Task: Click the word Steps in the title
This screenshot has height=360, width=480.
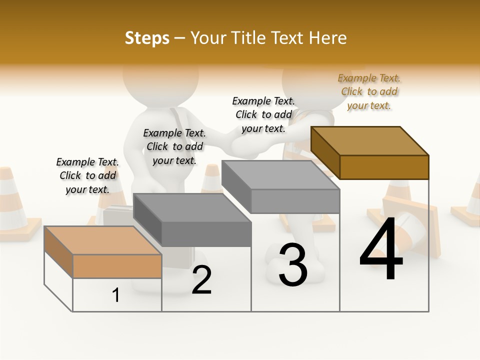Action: tap(146, 38)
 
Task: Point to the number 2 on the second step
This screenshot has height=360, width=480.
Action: tap(201, 280)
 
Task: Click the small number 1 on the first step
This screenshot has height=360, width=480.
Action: tap(116, 295)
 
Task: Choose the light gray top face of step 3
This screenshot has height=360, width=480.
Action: tap(280, 175)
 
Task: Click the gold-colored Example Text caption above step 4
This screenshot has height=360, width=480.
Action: tap(369, 91)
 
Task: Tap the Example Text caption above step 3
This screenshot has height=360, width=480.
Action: tap(263, 114)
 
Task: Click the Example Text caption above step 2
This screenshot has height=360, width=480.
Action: tap(174, 146)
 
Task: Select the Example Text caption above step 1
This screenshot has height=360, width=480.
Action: tap(87, 175)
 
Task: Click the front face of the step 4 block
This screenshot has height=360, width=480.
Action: tap(384, 167)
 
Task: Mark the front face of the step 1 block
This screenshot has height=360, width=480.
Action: tap(117, 266)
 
